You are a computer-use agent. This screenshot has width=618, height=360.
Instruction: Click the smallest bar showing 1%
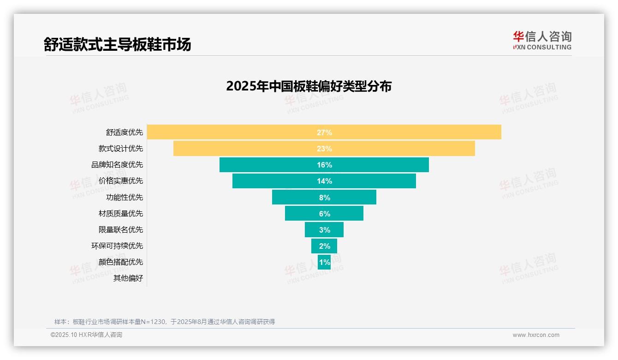pyautogui.click(x=324, y=262)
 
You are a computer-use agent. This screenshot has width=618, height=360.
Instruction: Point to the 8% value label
pyautogui.click(x=324, y=198)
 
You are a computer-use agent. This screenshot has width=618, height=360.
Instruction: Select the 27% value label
pyautogui.click(x=324, y=132)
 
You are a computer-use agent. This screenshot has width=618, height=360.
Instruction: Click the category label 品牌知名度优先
pyautogui.click(x=117, y=165)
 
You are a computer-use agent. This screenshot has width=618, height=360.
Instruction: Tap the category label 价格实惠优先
pyautogui.click(x=121, y=181)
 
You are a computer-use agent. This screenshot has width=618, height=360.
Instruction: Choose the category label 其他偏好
pyautogui.click(x=128, y=278)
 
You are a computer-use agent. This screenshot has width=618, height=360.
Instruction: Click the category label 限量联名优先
pyautogui.click(x=121, y=229)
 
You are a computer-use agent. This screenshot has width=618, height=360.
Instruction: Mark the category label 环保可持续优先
pyautogui.click(x=117, y=246)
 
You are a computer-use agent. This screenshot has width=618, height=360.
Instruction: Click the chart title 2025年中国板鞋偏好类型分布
pyautogui.click(x=309, y=86)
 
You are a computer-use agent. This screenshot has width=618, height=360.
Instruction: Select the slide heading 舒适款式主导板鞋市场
pyautogui.click(x=117, y=44)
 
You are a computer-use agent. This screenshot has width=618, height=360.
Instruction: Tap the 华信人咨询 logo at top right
pyautogui.click(x=542, y=40)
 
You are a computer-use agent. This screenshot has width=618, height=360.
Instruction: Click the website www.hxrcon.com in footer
pyautogui.click(x=536, y=335)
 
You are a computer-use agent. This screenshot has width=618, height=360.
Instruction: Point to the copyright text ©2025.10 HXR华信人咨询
pyautogui.click(x=86, y=335)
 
